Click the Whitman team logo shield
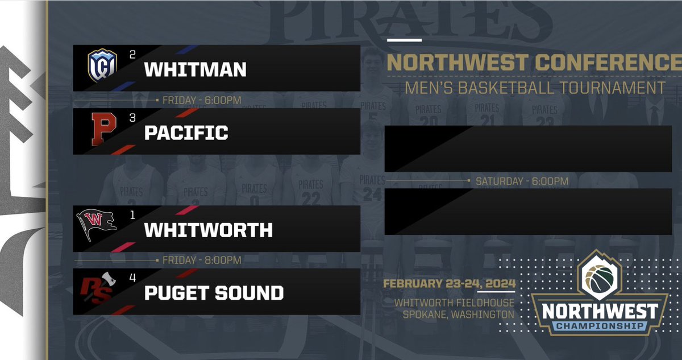pyautogui.click(x=102, y=65)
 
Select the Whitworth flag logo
pyautogui.click(x=96, y=225)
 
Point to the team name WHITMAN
pyautogui.click(x=196, y=69)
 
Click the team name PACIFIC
pyautogui.click(x=186, y=133)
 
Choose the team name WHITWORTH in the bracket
pyautogui.click(x=208, y=230)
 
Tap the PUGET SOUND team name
pyautogui.click(x=214, y=293)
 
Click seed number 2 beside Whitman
pyautogui.click(x=132, y=55)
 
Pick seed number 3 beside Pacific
pyautogui.click(x=132, y=118)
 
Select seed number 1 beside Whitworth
pyautogui.click(x=132, y=215)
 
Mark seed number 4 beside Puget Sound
pyautogui.click(x=132, y=279)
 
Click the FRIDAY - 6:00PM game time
pyautogui.click(x=202, y=101)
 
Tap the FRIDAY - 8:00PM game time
pyautogui.click(x=202, y=260)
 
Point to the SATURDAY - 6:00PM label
pyautogui.click(x=522, y=181)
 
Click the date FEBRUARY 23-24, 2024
pyautogui.click(x=449, y=284)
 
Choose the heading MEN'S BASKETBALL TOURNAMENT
pyautogui.click(x=534, y=88)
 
